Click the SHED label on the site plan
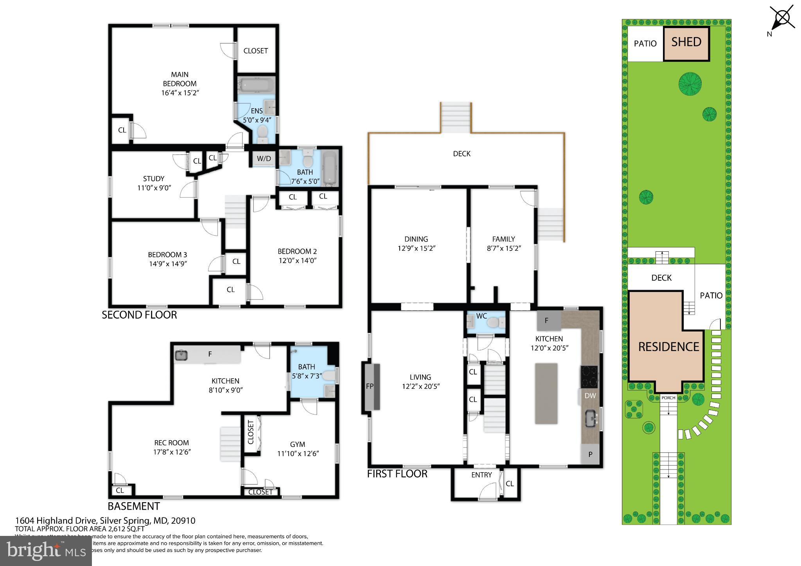[x=686, y=42]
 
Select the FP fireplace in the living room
[x=370, y=387]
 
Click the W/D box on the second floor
[x=264, y=158]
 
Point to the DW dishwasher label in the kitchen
[x=590, y=396]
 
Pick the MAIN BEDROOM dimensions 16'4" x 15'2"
[x=180, y=93]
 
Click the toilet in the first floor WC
[x=496, y=322]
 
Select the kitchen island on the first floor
[x=546, y=393]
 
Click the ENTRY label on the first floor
[x=481, y=475]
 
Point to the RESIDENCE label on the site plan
[x=668, y=347]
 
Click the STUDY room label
[x=153, y=179]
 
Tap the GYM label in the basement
[x=297, y=444]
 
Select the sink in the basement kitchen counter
[x=181, y=355]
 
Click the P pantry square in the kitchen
[x=590, y=454]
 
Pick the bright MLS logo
[x=46, y=551]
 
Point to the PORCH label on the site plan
[x=668, y=398]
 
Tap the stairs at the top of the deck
[x=456, y=118]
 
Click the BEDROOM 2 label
[x=297, y=251]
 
